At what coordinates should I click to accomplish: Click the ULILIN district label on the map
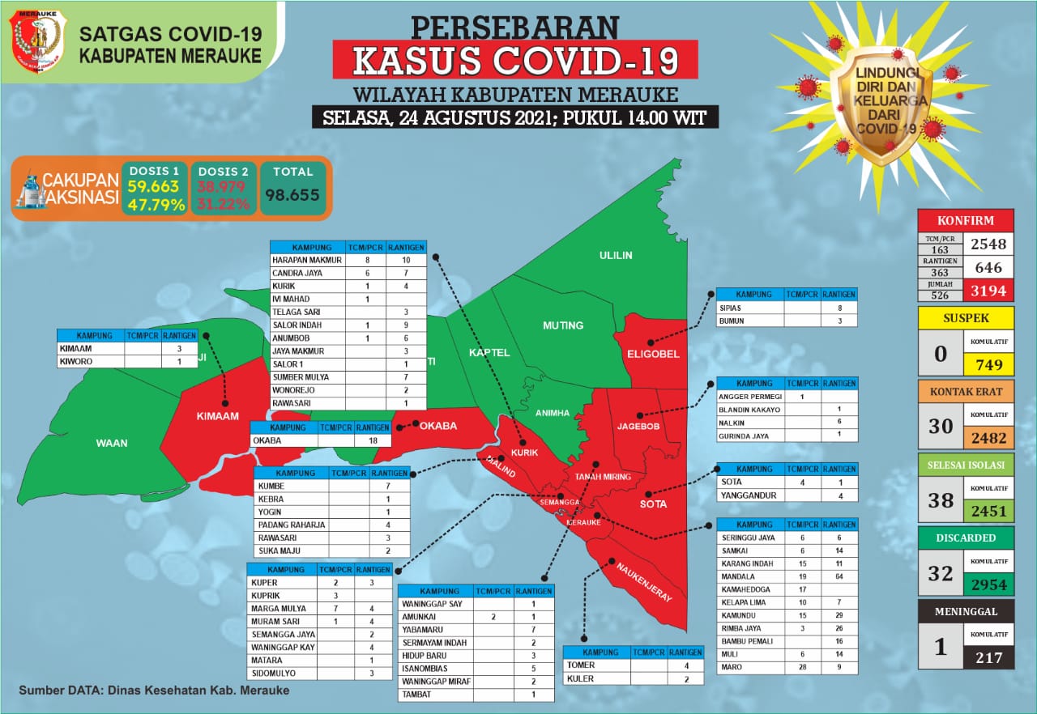[616, 256]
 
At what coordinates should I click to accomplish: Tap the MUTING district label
[563, 325]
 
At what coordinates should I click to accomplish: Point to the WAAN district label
[112, 443]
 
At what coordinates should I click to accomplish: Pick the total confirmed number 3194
[988, 290]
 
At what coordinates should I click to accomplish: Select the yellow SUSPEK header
[966, 317]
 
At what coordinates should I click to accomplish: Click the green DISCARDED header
[966, 538]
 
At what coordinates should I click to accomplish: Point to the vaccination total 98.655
[293, 195]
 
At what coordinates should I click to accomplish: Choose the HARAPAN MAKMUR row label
[308, 261]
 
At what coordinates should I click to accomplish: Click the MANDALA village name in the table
[736, 576]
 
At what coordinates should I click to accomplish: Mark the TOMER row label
[581, 665]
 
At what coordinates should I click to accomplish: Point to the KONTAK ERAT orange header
[966, 391]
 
